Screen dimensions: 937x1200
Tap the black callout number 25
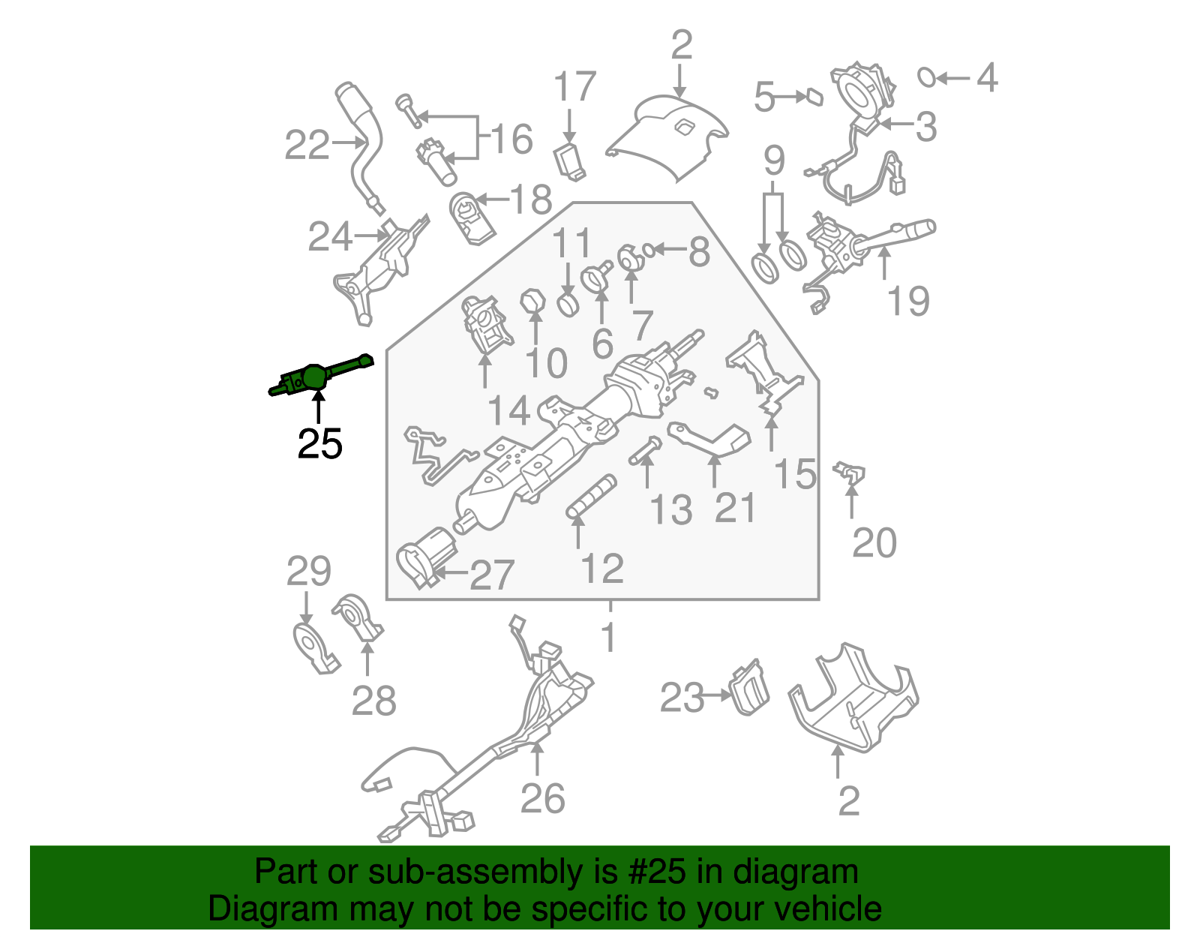point(319,444)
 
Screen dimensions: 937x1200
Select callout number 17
point(574,88)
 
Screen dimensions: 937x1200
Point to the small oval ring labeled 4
point(927,77)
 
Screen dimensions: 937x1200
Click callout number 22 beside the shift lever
point(307,145)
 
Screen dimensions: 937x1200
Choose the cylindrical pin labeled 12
point(591,496)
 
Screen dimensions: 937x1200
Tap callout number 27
point(491,575)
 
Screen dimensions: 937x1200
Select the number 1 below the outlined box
point(609,638)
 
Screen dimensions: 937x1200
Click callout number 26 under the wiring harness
point(542,798)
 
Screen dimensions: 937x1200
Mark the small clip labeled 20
point(850,473)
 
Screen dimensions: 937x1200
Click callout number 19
point(907,302)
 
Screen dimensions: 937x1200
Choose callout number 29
point(308,572)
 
